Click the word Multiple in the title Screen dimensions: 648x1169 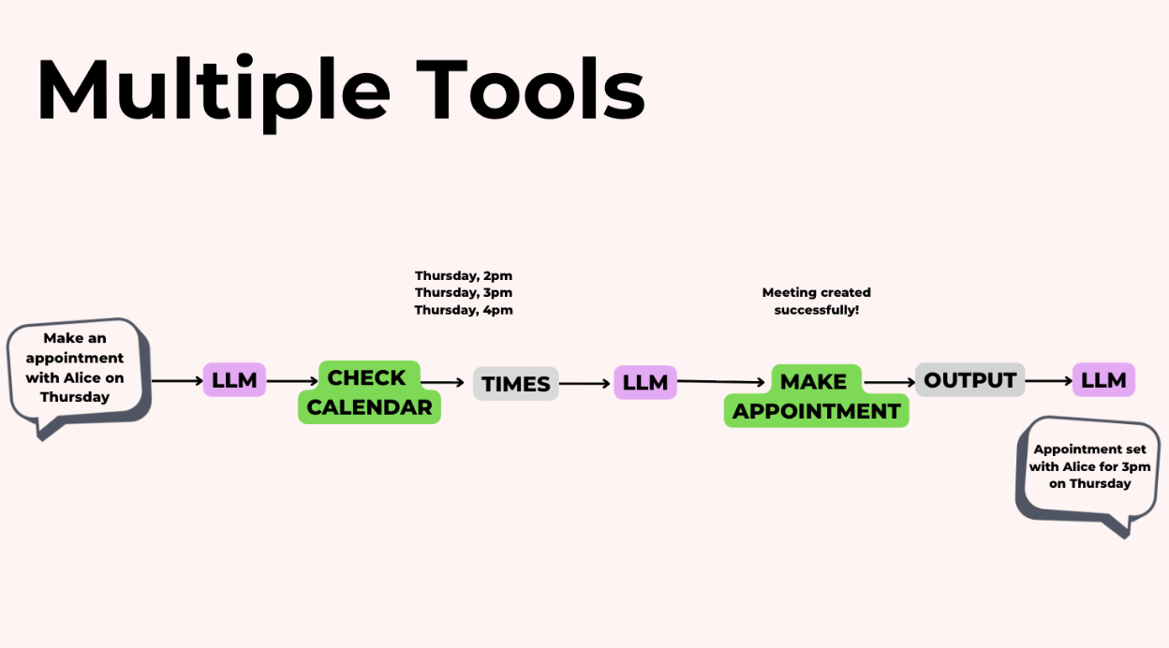click(x=214, y=91)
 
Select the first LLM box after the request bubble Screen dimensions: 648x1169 click(x=234, y=380)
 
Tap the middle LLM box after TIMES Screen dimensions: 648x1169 click(x=645, y=382)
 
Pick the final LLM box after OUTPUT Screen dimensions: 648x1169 click(x=1103, y=380)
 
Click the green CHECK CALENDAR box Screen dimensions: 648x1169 click(x=369, y=392)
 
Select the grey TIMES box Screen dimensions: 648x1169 click(x=516, y=384)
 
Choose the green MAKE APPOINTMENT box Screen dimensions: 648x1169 click(x=816, y=396)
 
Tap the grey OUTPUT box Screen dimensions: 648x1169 click(x=969, y=379)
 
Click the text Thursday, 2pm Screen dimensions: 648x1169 click(x=464, y=275)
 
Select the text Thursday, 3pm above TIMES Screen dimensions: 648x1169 click(x=464, y=292)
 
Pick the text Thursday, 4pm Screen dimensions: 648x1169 click(x=464, y=310)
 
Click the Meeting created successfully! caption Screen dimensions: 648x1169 click(x=816, y=301)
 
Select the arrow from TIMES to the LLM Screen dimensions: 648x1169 click(x=585, y=383)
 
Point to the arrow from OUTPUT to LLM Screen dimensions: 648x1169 click(x=1049, y=381)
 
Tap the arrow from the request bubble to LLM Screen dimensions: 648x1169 click(x=176, y=381)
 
